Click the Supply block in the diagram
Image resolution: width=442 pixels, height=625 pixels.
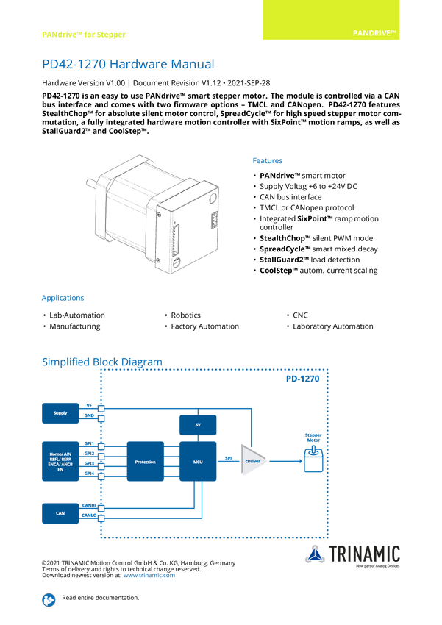click(60, 413)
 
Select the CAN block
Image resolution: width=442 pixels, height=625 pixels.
click(60, 513)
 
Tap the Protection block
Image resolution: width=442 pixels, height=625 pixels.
click(145, 462)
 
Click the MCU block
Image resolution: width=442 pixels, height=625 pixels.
click(198, 462)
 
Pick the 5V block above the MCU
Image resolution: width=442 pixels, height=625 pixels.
click(198, 425)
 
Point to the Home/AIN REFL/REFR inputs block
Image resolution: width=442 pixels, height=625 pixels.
click(60, 462)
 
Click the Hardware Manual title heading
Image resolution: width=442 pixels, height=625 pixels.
click(128, 65)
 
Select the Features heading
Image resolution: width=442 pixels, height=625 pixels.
click(268, 160)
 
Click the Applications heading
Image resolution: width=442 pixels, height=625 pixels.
click(63, 298)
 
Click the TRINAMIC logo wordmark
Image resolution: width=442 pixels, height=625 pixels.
click(365, 553)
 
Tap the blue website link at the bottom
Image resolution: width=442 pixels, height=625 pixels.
click(149, 574)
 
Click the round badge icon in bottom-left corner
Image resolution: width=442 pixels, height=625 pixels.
click(49, 599)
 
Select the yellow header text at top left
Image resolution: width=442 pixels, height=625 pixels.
click(82, 34)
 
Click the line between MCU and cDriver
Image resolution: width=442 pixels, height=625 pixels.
click(228, 461)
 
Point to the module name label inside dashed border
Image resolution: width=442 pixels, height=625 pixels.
click(302, 379)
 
